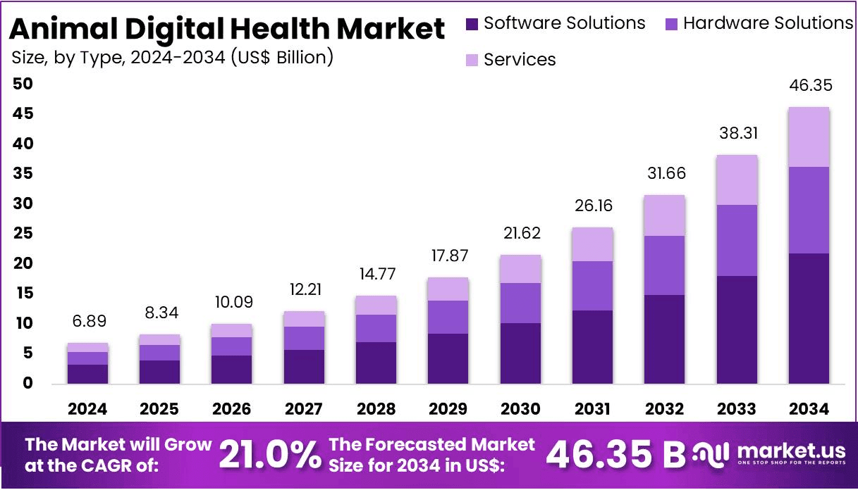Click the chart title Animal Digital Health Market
[x=228, y=29]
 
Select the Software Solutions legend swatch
[x=472, y=24]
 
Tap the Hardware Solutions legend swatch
[x=672, y=24]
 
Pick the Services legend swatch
[x=472, y=61]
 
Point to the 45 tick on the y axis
[x=23, y=114]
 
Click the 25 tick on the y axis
[x=23, y=234]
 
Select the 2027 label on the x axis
[x=305, y=409]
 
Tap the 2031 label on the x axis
[x=592, y=409]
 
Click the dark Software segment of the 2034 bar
[x=809, y=318]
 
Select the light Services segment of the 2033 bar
[x=737, y=180]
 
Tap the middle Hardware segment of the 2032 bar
[x=664, y=265]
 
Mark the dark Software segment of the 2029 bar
[x=448, y=358]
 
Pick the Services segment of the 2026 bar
[x=232, y=331]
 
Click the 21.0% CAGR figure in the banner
[x=270, y=455]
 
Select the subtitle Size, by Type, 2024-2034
[x=172, y=58]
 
